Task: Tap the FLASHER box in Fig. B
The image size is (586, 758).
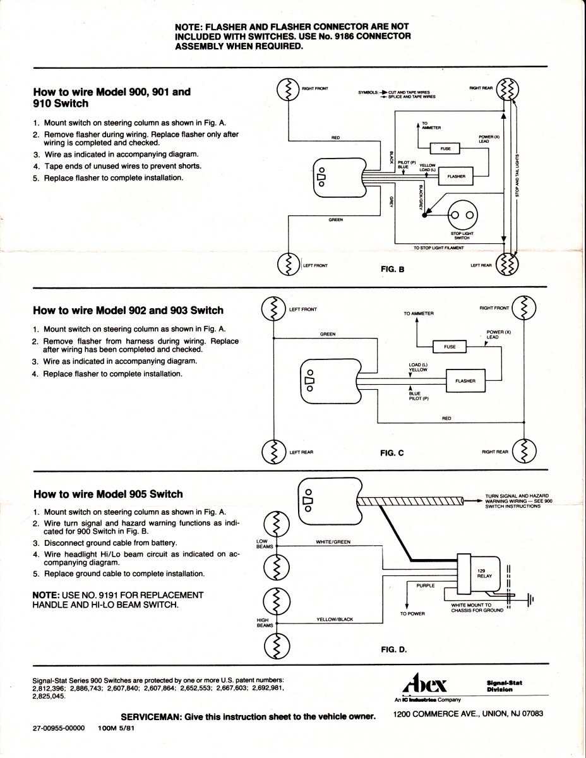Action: pos(455,176)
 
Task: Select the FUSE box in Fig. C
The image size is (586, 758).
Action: pos(449,347)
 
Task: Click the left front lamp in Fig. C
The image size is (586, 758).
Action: pos(273,310)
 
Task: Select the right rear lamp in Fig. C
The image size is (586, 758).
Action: pos(524,451)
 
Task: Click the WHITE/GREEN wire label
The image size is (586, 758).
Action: pos(333,542)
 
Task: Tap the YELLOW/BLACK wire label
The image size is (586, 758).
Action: pos(334,620)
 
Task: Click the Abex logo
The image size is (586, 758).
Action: pos(424,686)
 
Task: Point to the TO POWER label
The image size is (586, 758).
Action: pos(412,613)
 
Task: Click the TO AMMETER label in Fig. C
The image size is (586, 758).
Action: pos(419,313)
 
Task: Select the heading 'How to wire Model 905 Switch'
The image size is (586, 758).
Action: pos(108,494)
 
